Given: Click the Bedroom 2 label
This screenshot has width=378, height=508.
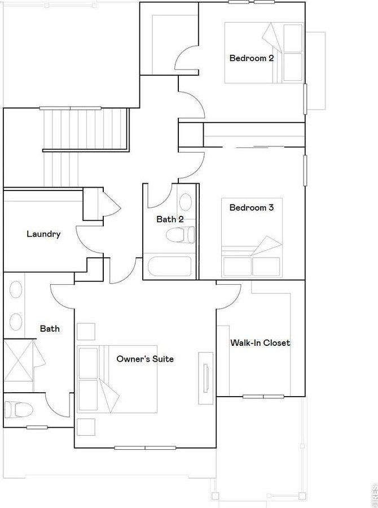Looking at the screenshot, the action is point(252,58).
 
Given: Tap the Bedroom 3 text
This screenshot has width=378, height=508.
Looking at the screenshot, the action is point(252,207).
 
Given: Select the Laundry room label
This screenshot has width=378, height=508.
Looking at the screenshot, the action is point(43,235).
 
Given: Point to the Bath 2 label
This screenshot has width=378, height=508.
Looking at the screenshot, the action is point(170,219).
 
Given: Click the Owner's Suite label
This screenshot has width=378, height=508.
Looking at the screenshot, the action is point(145,359).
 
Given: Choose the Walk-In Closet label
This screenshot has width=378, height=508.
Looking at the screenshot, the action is point(260,343).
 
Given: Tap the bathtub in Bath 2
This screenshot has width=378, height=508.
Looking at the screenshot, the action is point(170,266).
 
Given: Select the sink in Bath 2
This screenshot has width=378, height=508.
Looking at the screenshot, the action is point(185,202).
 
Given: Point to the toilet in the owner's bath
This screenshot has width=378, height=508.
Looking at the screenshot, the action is point(19,410).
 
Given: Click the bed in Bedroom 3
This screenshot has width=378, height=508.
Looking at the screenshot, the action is point(252,238).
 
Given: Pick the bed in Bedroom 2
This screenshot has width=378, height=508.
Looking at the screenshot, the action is point(264,53).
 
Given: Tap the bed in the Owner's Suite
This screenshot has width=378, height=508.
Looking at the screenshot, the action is point(117,379).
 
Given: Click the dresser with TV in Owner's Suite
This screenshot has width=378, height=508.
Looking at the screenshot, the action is point(206,378).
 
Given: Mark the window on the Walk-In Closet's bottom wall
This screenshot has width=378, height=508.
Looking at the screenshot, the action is point(263,396).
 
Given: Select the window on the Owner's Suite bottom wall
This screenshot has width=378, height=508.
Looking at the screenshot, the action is point(145,448).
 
